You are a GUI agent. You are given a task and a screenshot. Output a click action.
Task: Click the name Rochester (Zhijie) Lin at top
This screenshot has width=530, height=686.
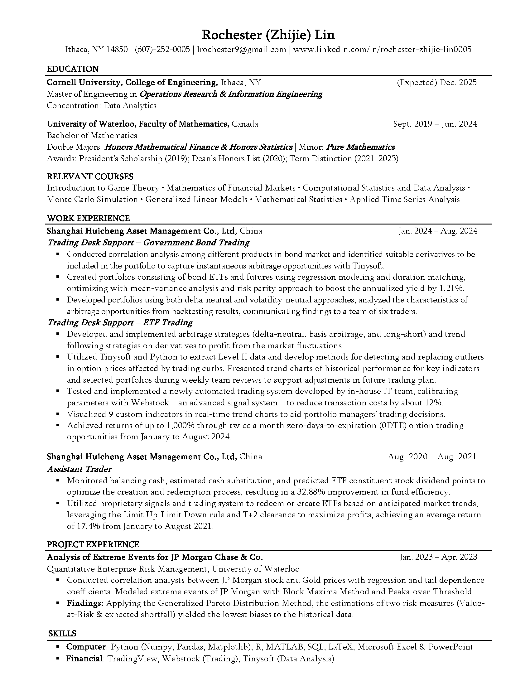268,35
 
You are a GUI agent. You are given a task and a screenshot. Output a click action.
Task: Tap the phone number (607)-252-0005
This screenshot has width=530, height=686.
162,49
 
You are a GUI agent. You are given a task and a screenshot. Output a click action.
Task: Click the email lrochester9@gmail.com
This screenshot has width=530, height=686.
241,49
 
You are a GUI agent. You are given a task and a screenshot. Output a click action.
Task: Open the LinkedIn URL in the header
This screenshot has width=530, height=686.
382,49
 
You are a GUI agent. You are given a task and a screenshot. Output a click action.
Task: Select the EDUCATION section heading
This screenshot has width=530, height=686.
73,69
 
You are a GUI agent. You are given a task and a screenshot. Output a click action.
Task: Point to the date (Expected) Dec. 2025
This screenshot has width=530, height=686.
437,82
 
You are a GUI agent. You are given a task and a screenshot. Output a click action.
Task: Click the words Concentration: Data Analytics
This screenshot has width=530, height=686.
101,105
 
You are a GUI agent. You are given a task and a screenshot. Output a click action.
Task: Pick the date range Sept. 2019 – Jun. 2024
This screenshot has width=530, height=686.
435,124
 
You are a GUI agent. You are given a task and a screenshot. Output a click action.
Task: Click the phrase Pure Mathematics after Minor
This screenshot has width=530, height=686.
360,147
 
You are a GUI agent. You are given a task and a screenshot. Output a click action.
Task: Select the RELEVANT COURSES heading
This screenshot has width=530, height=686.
90,176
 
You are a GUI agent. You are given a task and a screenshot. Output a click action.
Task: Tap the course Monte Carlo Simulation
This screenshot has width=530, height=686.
92,200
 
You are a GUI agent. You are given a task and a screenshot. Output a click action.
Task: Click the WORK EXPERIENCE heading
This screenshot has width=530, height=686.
88,218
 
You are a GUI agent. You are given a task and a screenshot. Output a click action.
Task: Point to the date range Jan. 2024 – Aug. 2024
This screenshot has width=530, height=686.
438,231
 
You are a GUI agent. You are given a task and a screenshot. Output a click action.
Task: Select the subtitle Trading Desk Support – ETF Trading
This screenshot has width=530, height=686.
120,323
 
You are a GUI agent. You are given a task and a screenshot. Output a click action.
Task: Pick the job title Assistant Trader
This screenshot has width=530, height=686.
79,469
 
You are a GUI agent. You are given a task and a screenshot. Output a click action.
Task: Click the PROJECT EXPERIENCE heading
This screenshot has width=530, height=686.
93,544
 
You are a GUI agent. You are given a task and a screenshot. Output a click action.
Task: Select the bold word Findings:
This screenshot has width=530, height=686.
85,603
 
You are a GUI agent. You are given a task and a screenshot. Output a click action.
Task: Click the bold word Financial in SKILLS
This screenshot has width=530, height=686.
84,658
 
